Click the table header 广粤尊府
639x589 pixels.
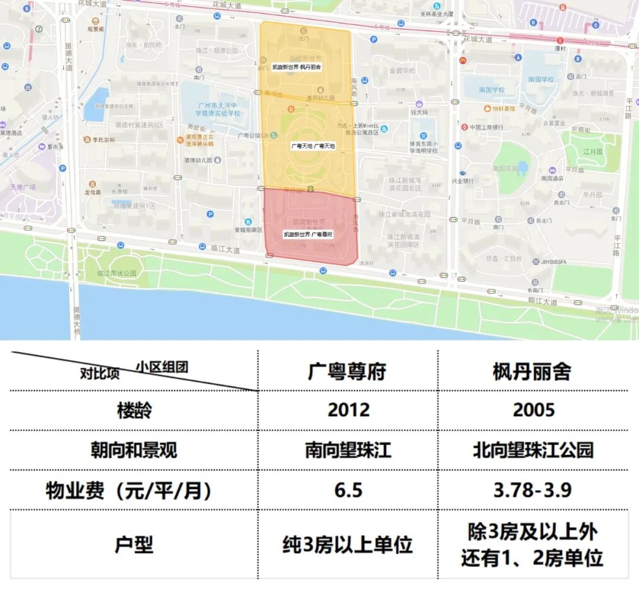coord(347,372)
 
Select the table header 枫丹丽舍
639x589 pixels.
coord(532,372)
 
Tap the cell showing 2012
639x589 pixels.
coord(348,410)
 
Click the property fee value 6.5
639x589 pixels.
coord(348,490)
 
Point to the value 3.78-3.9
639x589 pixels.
coord(532,490)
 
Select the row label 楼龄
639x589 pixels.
coord(134,410)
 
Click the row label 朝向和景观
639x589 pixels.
coord(134,450)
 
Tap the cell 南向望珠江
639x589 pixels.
coord(348,450)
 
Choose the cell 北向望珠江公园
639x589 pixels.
coord(532,450)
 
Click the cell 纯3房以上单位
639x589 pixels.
coord(348,545)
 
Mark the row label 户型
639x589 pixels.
coord(134,545)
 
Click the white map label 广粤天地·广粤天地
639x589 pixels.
coord(313,146)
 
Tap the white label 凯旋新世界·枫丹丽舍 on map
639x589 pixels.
coord(296,67)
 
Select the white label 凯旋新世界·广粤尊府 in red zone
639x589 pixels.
coord(308,234)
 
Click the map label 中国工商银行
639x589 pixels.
coord(486,127)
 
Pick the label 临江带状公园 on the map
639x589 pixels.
coord(117,273)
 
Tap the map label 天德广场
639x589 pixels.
coord(23,187)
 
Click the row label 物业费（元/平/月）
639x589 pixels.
coord(129,491)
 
